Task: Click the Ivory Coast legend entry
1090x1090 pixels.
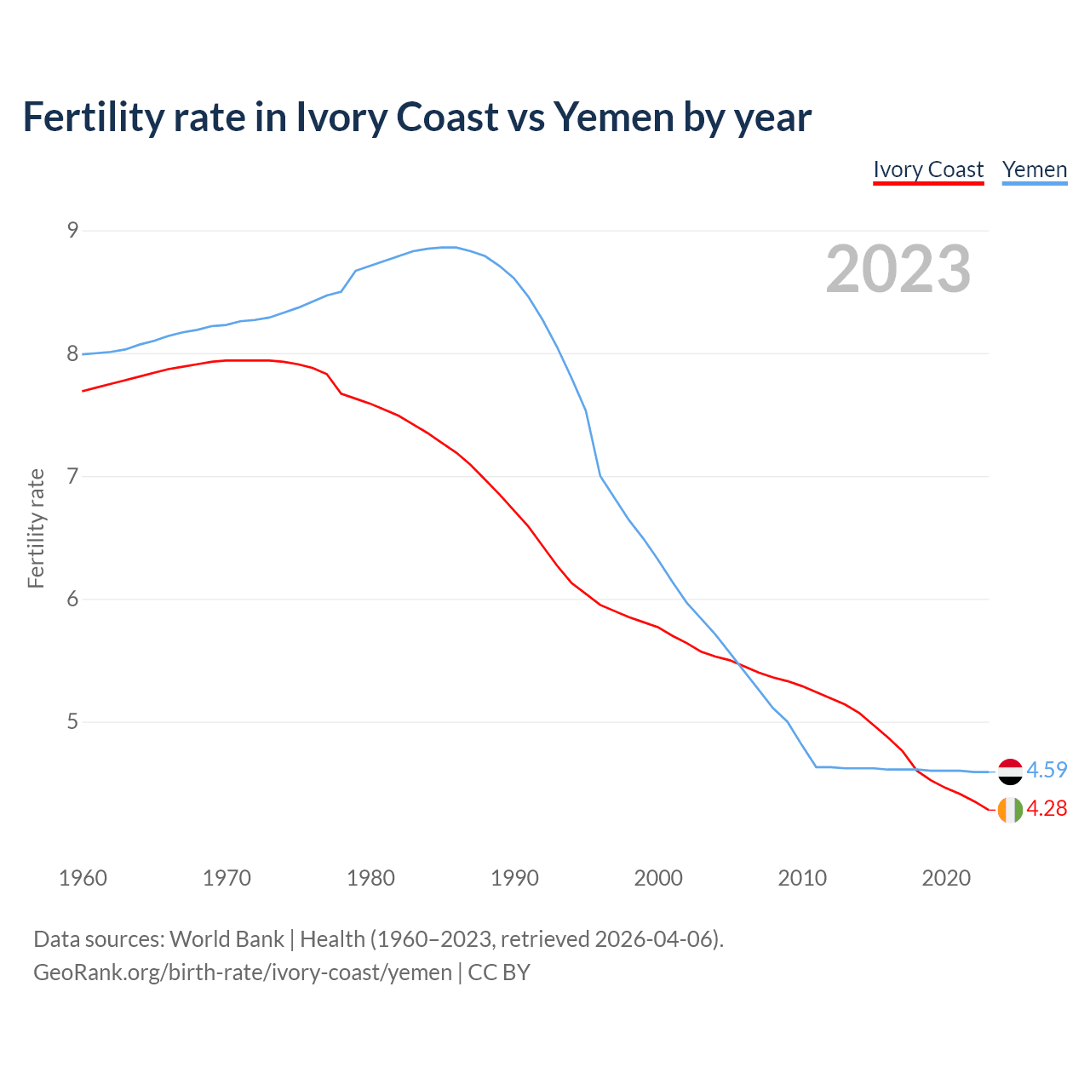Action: [928, 169]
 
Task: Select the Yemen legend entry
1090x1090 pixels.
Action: [1034, 169]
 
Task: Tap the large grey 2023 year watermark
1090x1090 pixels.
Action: [898, 269]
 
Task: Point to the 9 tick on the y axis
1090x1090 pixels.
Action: [72, 230]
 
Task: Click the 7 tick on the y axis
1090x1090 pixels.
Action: [72, 476]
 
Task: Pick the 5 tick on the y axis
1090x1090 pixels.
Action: [72, 722]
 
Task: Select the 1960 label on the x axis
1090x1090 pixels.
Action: [83, 878]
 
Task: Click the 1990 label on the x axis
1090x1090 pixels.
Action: [514, 878]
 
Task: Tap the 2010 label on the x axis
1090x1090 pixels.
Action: [802, 878]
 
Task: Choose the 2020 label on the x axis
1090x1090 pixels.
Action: [946, 878]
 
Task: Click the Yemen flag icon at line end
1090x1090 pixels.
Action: [1010, 771]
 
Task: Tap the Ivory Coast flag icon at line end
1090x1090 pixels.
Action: [1010, 810]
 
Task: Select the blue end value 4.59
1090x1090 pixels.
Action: [1047, 770]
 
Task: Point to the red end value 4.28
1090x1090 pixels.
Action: [1047, 808]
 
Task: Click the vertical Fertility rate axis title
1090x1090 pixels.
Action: [36, 528]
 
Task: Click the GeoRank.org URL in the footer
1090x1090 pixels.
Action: [243, 972]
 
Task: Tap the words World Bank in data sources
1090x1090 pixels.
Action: [227, 938]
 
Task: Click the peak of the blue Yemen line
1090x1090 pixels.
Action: [449, 247]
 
